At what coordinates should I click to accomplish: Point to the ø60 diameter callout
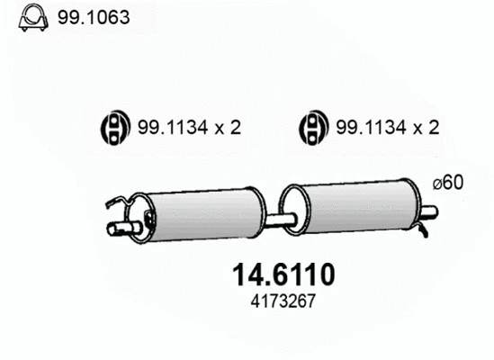[447, 183]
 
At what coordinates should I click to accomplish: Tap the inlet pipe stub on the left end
[117, 229]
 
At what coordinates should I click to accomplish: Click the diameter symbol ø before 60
[436, 183]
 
